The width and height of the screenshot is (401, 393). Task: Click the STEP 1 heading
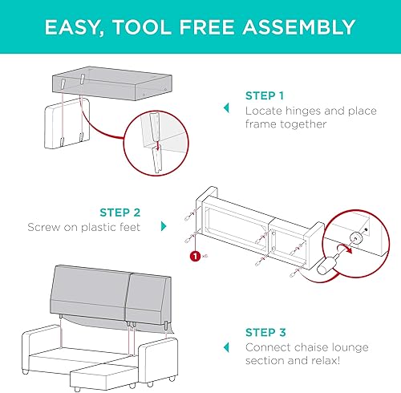(265, 94)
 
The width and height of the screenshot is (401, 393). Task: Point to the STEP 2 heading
(119, 213)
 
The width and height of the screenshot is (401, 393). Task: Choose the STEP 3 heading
(265, 332)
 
